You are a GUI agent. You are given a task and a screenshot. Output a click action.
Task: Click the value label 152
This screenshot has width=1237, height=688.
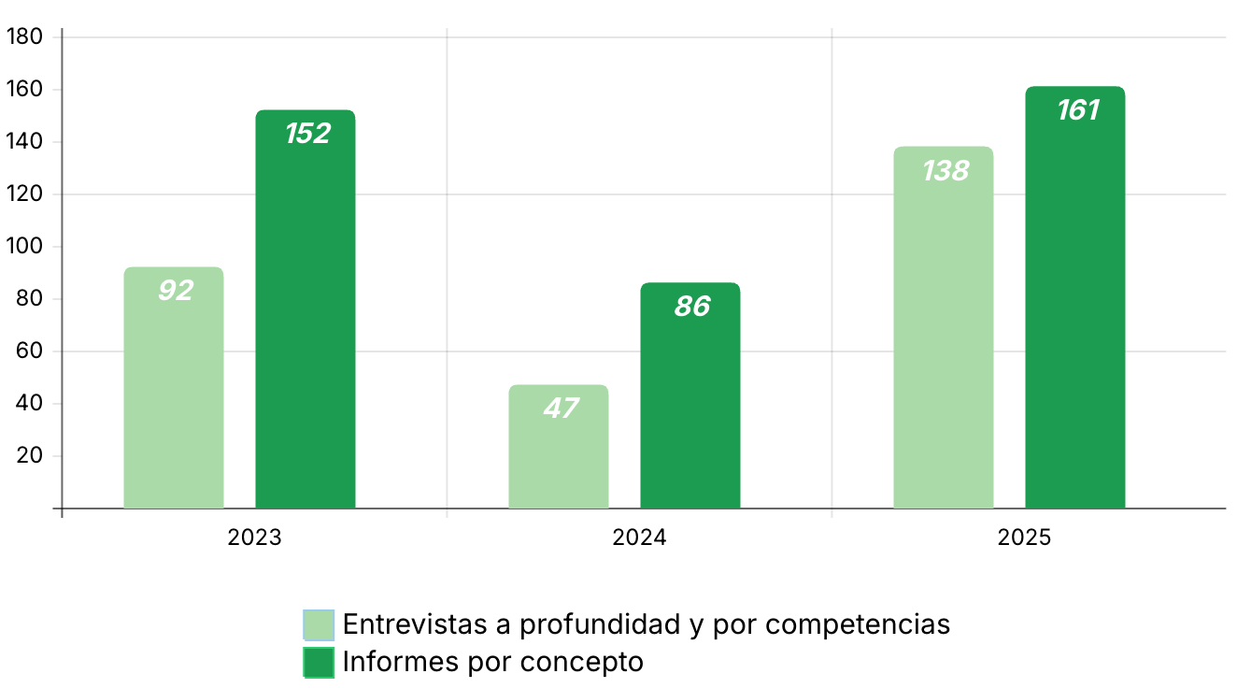(x=307, y=134)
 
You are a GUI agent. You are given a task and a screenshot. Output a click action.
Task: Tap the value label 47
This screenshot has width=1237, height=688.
(x=560, y=408)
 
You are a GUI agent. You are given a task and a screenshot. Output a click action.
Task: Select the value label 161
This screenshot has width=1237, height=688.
(x=1077, y=110)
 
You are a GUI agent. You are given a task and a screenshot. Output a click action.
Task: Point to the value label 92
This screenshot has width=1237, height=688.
(x=176, y=291)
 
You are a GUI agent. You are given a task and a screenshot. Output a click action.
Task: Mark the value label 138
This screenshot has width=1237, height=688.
(x=946, y=171)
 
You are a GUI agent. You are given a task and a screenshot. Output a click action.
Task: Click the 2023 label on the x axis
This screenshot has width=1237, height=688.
(x=255, y=538)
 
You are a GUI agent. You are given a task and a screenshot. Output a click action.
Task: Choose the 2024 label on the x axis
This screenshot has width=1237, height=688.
(x=640, y=538)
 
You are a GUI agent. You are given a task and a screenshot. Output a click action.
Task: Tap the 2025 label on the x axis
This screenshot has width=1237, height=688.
(x=1025, y=538)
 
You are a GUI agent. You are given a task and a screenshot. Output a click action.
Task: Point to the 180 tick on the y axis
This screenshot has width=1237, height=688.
(x=24, y=37)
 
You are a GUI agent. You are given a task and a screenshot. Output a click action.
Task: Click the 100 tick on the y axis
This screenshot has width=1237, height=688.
(x=24, y=247)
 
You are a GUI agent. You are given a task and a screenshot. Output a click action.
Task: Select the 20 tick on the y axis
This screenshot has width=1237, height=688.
(x=30, y=456)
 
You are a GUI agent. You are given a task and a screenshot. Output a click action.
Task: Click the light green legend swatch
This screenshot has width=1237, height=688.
(x=319, y=624)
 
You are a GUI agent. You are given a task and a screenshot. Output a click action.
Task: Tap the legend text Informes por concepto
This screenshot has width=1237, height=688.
(x=493, y=662)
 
